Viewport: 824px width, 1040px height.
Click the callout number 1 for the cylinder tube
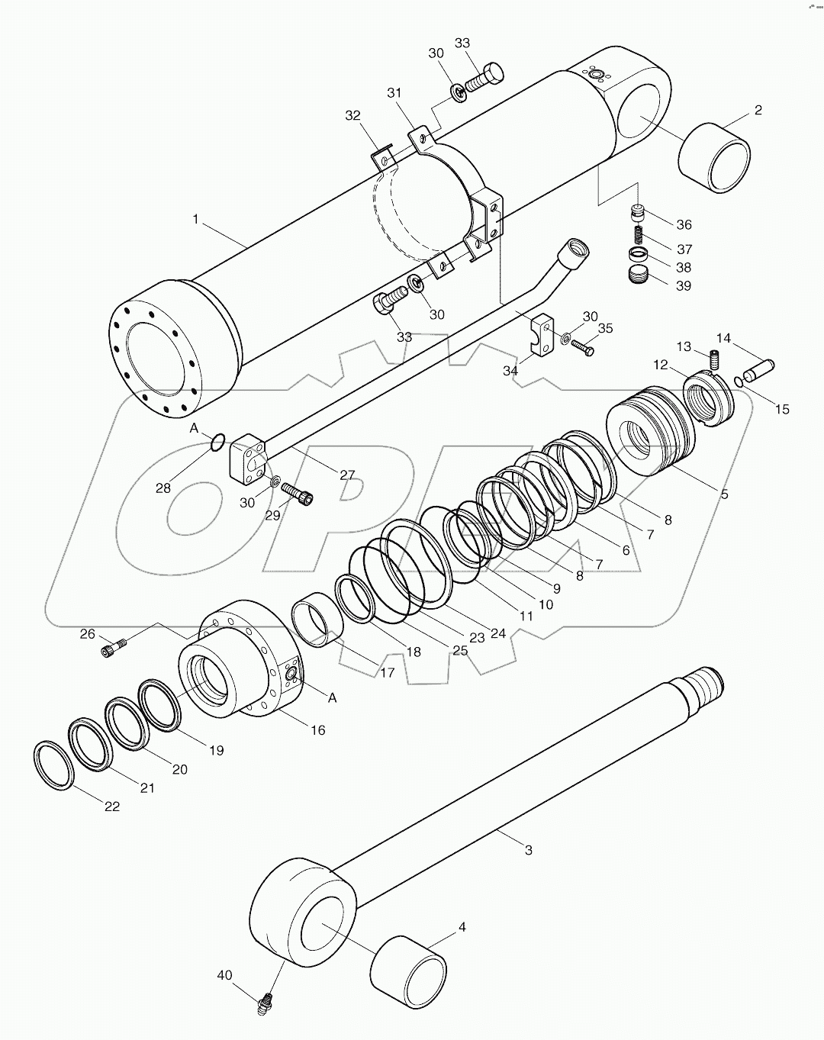coord(196,219)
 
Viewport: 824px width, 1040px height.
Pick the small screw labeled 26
coord(112,649)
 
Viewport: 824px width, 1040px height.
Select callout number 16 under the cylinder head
coord(317,730)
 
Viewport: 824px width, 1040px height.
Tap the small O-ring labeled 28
coord(217,443)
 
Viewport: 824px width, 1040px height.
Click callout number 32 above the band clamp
coord(352,116)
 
